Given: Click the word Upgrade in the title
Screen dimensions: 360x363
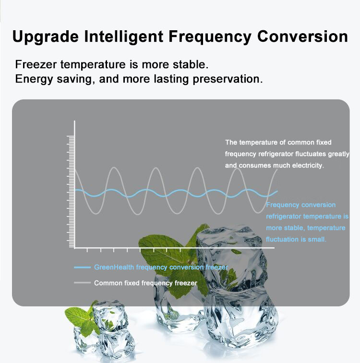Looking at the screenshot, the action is click(46, 37).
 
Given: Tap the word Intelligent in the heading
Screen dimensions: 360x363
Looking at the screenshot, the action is click(123, 37).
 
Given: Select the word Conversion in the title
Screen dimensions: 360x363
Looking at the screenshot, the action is click(302, 36).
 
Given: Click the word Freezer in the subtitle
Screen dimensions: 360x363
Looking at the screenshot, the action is click(36, 64).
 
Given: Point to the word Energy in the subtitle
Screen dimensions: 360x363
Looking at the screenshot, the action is click(34, 79).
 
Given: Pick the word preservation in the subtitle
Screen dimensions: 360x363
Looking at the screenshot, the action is click(228, 79).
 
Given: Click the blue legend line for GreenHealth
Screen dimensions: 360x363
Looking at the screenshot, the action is click(82, 267).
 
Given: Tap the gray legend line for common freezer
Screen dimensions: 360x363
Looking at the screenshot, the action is click(82, 283).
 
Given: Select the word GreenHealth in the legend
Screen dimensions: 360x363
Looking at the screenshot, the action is click(114, 267).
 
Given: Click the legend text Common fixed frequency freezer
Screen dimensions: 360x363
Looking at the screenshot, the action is click(145, 283).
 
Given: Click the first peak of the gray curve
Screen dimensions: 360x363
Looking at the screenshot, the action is click(114, 168).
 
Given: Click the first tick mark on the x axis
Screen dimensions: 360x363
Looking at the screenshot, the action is click(87, 250).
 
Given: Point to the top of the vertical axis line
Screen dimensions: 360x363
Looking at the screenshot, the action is click(74, 121).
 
